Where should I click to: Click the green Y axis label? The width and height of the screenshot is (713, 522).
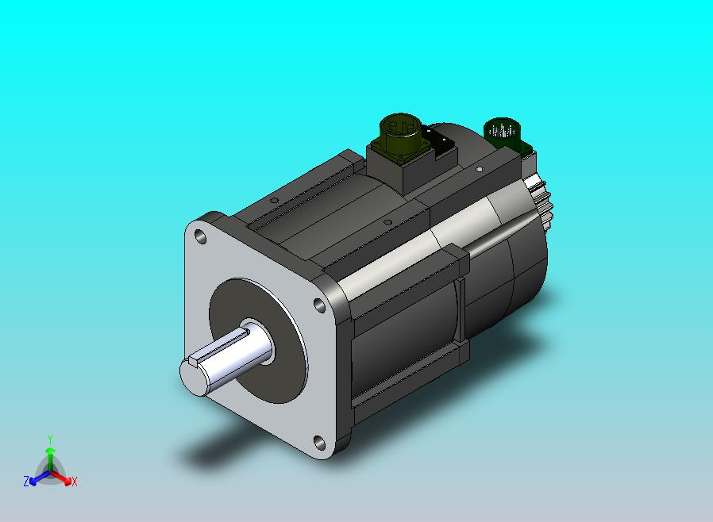click(x=50, y=439)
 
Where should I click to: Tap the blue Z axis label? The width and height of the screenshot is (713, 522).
click(x=26, y=482)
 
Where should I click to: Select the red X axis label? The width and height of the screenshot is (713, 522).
click(x=75, y=482)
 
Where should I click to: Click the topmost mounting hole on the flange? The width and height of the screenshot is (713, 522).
click(x=200, y=236)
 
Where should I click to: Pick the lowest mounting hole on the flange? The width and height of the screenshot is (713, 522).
click(x=320, y=442)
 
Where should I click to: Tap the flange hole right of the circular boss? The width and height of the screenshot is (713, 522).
click(x=320, y=305)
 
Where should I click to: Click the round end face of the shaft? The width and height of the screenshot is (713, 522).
click(x=193, y=377)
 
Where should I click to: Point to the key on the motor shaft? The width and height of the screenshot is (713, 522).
click(x=218, y=348)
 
